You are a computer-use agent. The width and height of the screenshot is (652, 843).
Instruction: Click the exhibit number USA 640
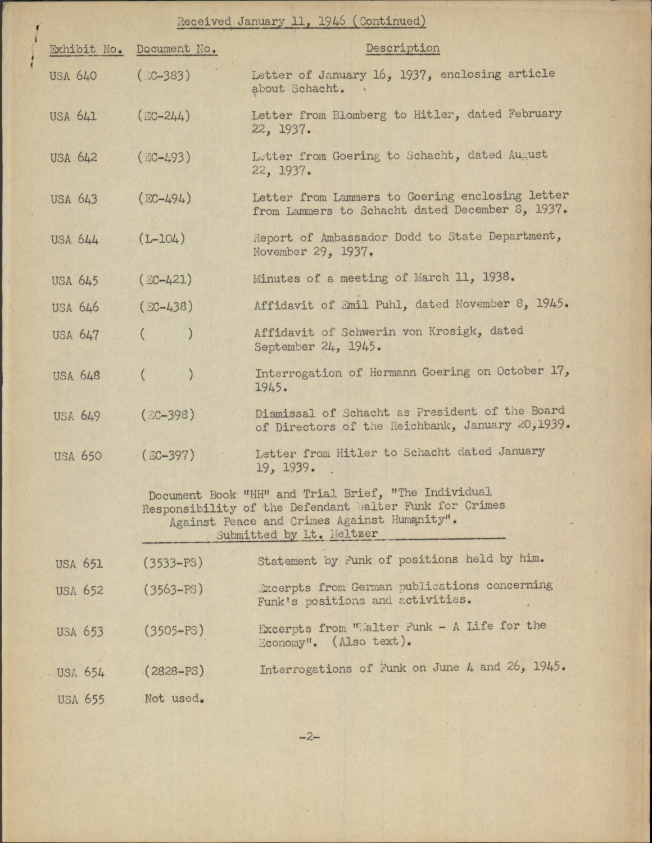pos(73,75)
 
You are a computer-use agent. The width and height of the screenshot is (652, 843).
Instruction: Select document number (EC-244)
pos(164,116)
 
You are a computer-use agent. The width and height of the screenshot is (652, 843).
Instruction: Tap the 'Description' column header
pos(402,48)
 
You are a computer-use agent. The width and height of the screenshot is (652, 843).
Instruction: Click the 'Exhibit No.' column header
pos(86,49)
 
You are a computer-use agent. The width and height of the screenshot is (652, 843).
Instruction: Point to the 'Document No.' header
pos(176,49)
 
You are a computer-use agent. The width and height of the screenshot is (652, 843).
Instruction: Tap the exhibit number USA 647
pos(76,335)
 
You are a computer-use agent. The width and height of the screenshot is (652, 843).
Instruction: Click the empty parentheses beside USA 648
pos(166,374)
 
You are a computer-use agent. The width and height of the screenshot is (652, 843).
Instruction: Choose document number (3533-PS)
pos(173,562)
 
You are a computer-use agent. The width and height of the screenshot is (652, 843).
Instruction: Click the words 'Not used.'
pos(174,699)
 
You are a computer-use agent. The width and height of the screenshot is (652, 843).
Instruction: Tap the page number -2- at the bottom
pos(309,737)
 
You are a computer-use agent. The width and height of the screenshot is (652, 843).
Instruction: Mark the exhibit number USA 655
pos(80,699)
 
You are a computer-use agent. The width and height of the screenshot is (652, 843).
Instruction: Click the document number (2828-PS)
pos(174,670)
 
